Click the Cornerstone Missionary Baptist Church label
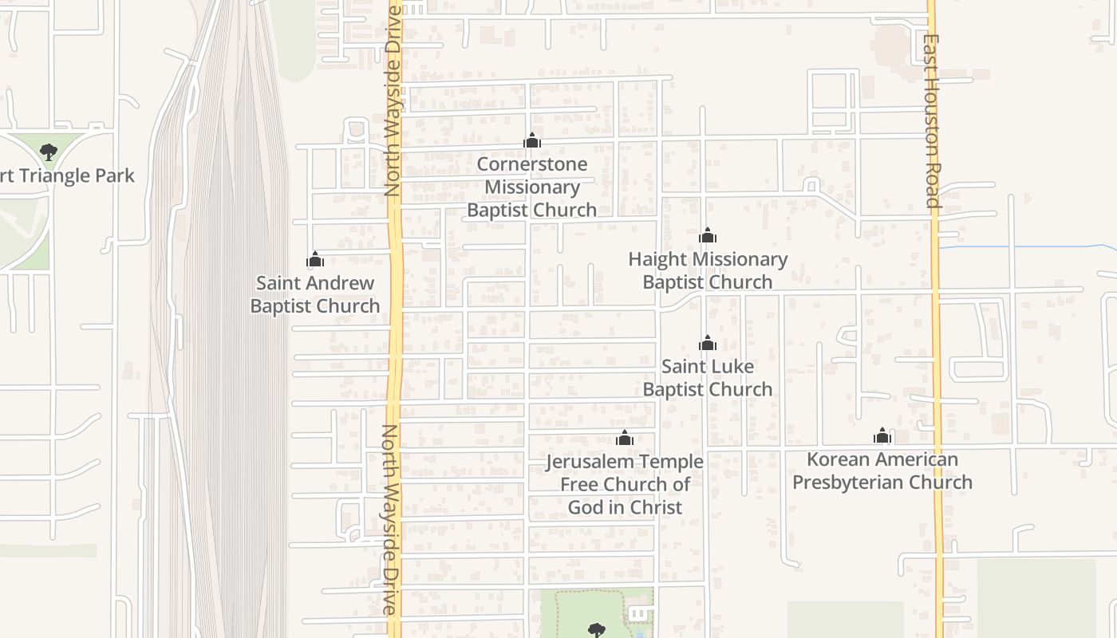(x=531, y=187)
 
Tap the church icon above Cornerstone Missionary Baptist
(x=532, y=141)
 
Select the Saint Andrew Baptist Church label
(x=315, y=294)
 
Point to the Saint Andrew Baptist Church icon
(x=315, y=259)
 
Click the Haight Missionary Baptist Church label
(x=708, y=270)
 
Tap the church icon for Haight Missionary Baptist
(x=708, y=235)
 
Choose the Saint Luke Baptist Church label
(x=708, y=378)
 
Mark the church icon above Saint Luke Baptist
(x=708, y=343)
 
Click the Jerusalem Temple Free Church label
(x=625, y=484)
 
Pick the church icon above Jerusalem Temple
(x=625, y=438)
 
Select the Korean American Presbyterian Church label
(x=882, y=471)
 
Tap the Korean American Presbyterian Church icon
(x=882, y=435)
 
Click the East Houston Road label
(x=932, y=120)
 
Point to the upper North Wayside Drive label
(x=392, y=102)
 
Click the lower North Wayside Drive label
(x=389, y=519)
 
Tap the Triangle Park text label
(x=67, y=175)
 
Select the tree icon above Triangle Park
(x=49, y=152)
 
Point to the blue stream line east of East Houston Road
(x=1029, y=246)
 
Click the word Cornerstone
(x=532, y=164)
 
